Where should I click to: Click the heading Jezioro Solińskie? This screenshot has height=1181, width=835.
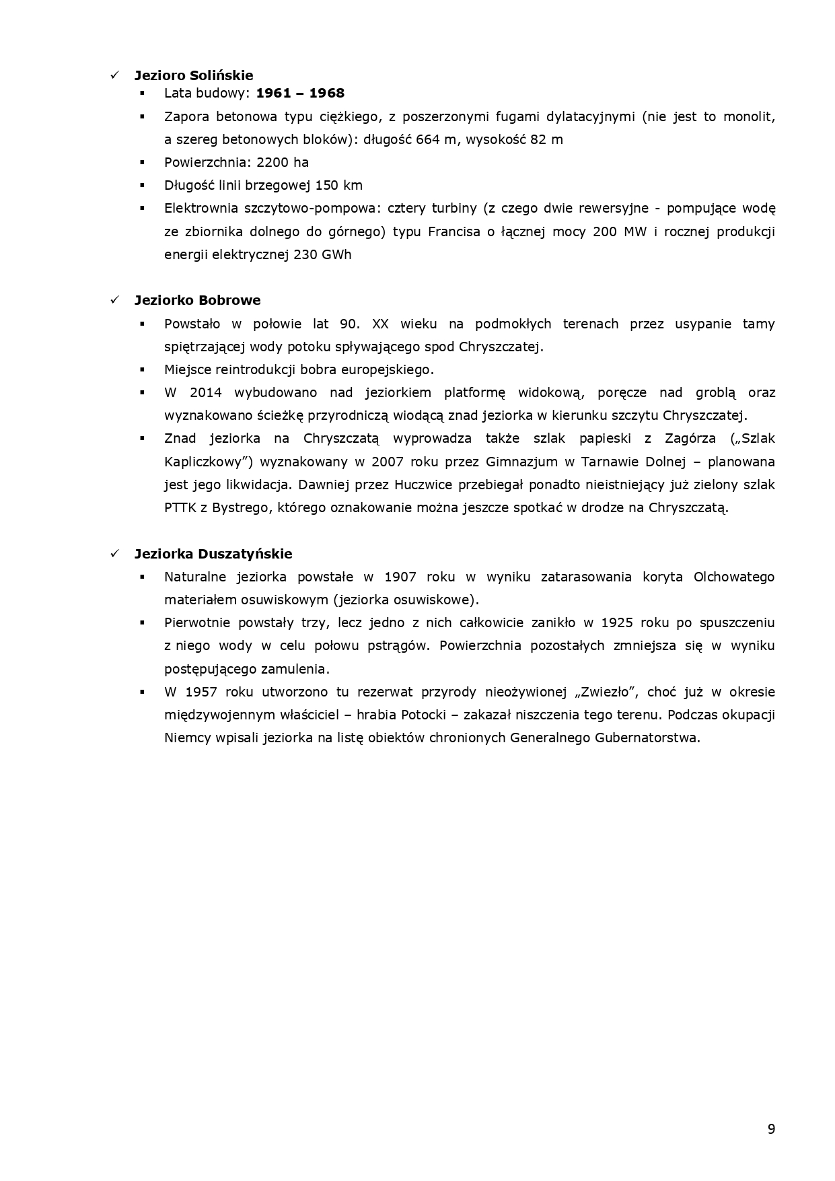[x=193, y=75]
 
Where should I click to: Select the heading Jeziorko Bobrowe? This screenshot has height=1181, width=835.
[x=197, y=300]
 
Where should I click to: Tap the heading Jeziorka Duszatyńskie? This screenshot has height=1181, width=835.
[x=213, y=554]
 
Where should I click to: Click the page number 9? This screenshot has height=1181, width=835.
[x=771, y=1129]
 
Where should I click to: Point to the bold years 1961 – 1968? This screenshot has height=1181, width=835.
[x=300, y=94]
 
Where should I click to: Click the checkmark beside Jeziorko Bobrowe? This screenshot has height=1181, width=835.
[x=115, y=300]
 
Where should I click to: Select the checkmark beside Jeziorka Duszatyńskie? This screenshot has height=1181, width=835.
[x=115, y=554]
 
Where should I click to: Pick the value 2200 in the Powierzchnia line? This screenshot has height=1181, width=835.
[x=270, y=162]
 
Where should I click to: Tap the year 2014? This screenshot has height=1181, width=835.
[x=205, y=392]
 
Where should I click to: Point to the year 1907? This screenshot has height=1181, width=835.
[x=400, y=577]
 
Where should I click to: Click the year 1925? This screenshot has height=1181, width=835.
[x=617, y=622]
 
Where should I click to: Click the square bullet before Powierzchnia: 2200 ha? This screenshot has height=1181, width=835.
[x=143, y=162]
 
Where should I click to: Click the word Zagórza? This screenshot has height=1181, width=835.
[x=687, y=439]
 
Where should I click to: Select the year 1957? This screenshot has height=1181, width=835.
[x=201, y=692]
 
